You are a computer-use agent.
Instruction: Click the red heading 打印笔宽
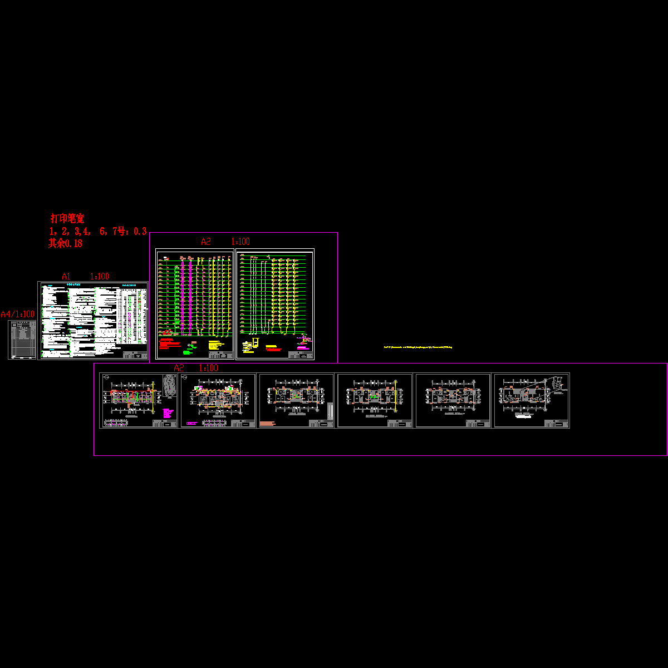pos(67,219)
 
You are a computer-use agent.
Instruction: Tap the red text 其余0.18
pos(65,243)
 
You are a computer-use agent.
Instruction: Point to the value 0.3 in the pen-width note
pos(140,231)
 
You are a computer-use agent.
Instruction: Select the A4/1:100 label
pos(17,315)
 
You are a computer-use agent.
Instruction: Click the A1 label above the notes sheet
pos(66,276)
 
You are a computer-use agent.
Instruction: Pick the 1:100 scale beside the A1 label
pos(100,276)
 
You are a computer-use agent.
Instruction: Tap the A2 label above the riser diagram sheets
pos(206,242)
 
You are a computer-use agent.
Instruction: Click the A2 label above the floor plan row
pos(179,368)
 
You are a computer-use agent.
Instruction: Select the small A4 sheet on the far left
pos(22,340)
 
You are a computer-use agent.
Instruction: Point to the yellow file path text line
pos(418,347)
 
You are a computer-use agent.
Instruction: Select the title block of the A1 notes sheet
pos(135,354)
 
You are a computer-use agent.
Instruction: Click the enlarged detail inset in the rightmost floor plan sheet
pos(558,385)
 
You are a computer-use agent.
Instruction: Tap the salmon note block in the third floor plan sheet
pos(268,424)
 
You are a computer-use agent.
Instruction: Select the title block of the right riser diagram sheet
pos(301,355)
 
